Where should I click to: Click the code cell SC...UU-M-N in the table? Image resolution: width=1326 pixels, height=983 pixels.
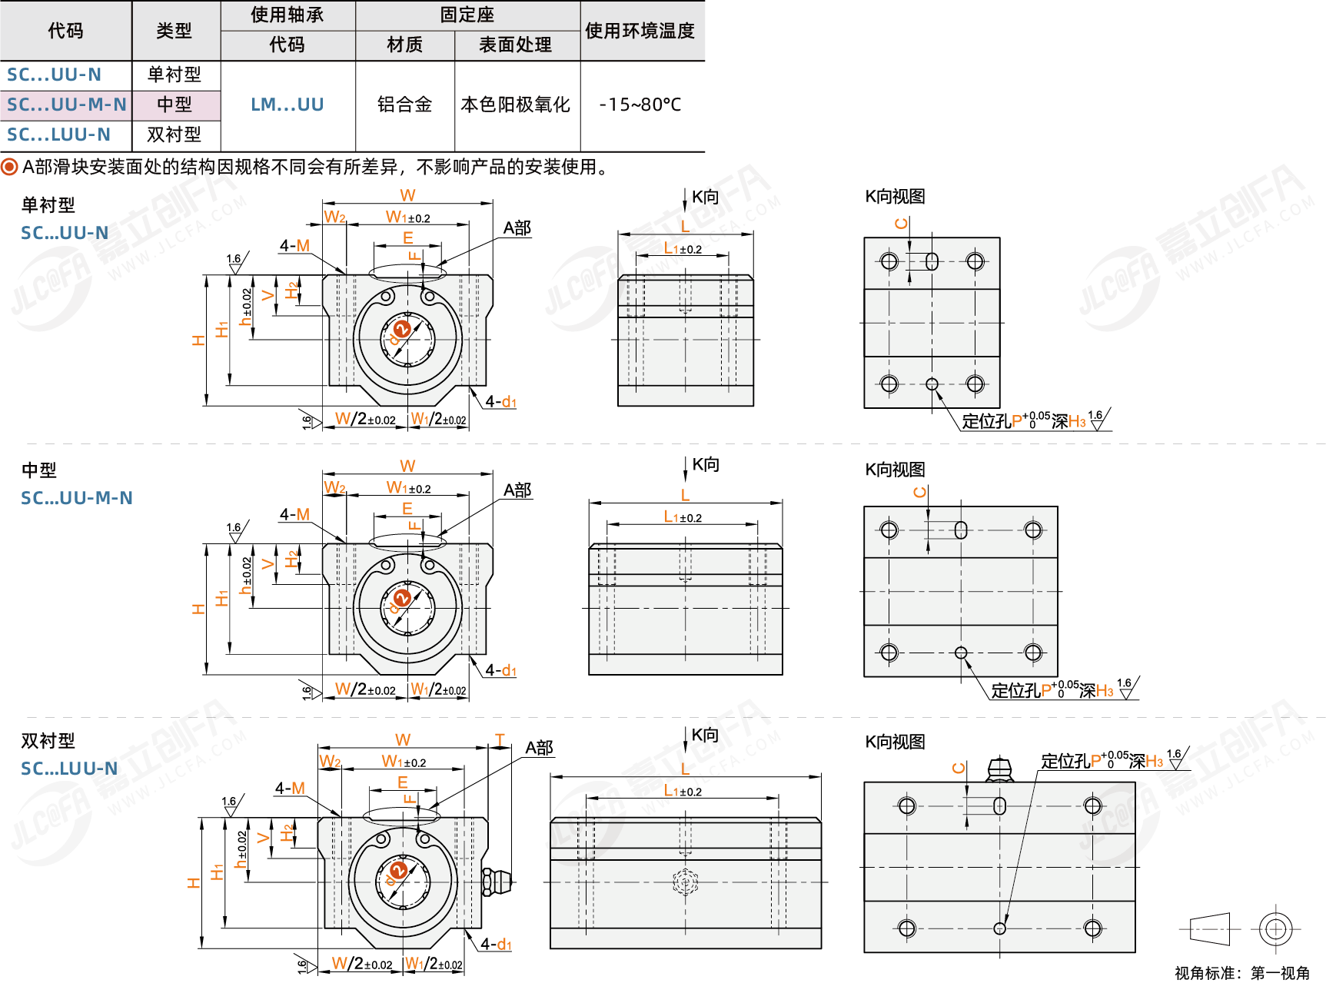(x=66, y=105)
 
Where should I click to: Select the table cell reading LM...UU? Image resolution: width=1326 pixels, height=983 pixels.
(x=287, y=105)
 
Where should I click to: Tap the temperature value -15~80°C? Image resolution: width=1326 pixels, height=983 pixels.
(x=640, y=105)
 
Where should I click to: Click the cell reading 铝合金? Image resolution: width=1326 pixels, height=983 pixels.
(x=404, y=105)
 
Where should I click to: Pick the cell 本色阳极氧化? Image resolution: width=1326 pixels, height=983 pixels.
(x=516, y=105)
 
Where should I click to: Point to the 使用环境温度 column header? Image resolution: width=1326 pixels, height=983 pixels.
(x=640, y=31)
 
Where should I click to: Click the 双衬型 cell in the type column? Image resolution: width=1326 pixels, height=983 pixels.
(x=174, y=134)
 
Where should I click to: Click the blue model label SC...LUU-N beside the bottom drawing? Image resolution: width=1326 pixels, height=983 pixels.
(x=69, y=769)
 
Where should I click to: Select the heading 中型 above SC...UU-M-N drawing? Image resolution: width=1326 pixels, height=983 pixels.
(x=38, y=470)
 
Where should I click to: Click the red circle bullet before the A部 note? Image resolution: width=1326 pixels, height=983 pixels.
(x=9, y=167)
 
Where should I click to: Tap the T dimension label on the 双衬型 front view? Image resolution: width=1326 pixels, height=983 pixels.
(x=500, y=740)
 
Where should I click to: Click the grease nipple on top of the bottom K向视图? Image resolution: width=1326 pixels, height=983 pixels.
(x=999, y=769)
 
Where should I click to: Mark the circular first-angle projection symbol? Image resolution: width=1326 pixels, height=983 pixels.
(x=1275, y=929)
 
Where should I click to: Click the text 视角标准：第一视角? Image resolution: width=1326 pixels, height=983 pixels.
(x=1241, y=973)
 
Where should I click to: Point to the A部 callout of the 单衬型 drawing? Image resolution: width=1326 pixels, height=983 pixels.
(x=517, y=228)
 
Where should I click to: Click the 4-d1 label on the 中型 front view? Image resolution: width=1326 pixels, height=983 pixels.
(x=500, y=670)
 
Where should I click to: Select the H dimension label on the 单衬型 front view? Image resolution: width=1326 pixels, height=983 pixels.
(x=198, y=340)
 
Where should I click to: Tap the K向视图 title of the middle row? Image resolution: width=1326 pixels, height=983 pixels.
(x=895, y=470)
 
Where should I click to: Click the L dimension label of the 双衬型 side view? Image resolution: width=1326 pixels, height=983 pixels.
(x=685, y=769)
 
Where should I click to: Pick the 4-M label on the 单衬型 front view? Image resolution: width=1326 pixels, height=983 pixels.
(x=294, y=246)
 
